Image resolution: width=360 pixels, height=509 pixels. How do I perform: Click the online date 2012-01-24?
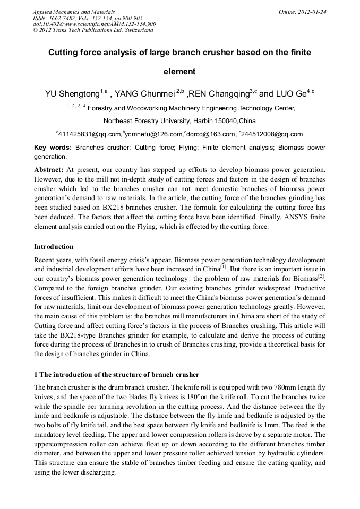[310, 11]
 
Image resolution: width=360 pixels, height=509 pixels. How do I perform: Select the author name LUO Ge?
[291, 94]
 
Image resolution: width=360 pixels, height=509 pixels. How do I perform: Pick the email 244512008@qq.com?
[272, 134]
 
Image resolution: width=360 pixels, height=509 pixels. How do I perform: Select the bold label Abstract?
[49, 170]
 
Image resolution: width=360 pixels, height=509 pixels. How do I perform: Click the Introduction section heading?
[54, 246]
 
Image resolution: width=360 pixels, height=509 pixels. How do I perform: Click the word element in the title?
[179, 72]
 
